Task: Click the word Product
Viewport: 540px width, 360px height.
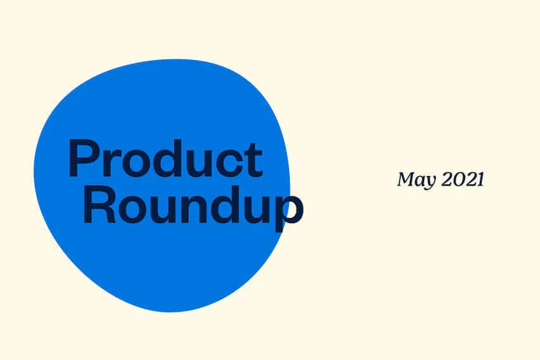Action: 165,158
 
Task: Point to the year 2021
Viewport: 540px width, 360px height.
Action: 463,179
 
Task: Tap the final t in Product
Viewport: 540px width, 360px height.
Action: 255,160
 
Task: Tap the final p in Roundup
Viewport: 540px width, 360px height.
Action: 288,212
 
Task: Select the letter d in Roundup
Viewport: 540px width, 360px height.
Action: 225,204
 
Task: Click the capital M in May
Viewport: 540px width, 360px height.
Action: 408,179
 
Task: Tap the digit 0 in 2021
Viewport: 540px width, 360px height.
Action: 458,179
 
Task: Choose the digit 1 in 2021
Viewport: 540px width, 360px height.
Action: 479,179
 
